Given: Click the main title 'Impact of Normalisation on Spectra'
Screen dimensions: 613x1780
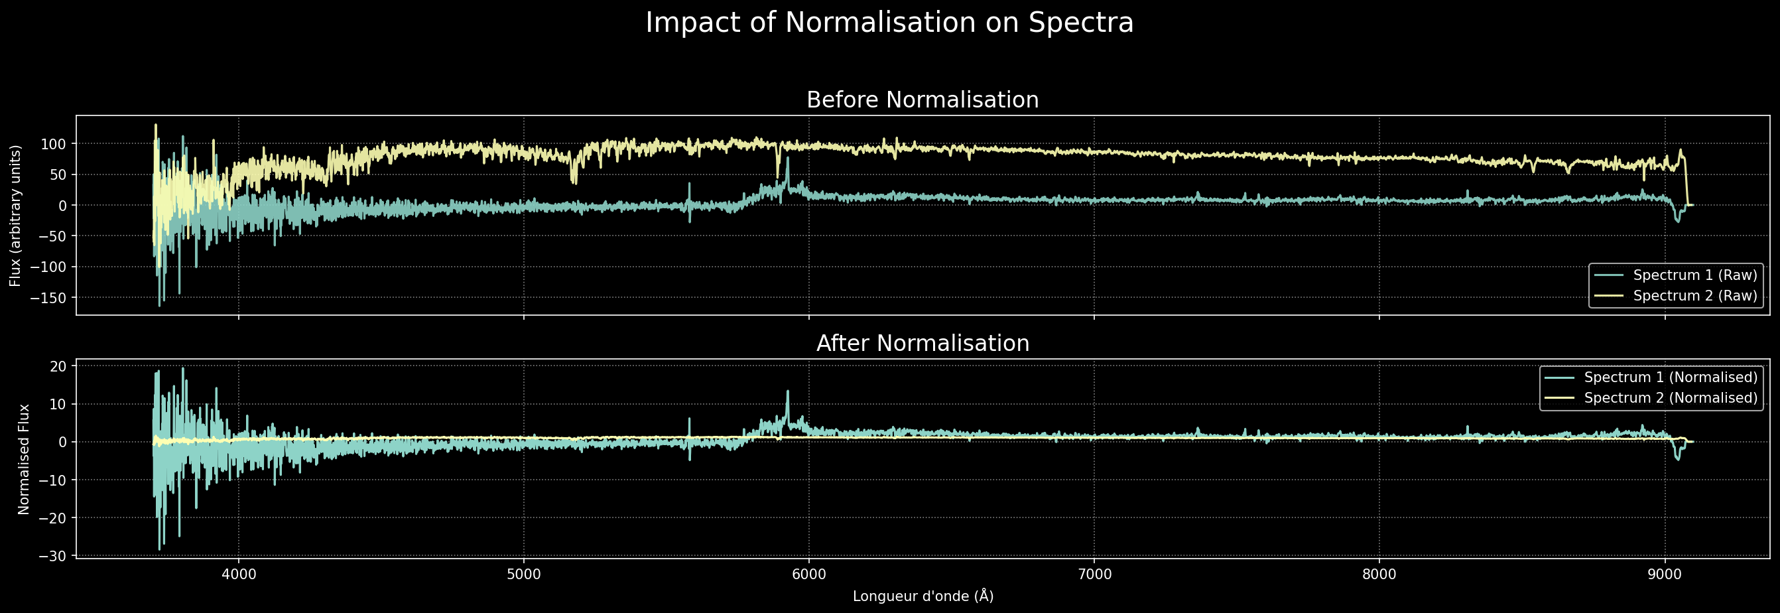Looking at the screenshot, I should coord(889,23).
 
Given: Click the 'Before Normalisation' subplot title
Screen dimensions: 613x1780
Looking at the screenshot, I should coord(922,100).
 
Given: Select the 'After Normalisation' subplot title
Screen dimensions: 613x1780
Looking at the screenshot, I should coord(922,344).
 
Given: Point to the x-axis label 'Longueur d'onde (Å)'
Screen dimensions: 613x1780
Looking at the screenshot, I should coord(922,596).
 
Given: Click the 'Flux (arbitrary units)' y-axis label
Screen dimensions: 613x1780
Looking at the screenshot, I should coord(15,216).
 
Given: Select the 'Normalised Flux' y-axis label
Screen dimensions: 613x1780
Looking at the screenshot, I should coord(23,460).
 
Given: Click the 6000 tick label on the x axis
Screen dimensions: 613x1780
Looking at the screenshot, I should coord(809,575).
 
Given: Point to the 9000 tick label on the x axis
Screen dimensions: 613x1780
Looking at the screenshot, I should coord(1665,575).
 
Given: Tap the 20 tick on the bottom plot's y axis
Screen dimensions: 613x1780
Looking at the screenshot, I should coord(58,366).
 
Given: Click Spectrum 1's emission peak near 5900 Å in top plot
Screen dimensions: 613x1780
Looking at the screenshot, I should coord(787,159).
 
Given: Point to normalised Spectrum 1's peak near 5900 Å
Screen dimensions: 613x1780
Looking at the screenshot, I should coord(787,392).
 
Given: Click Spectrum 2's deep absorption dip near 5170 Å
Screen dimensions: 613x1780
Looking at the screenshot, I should coord(574,181).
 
